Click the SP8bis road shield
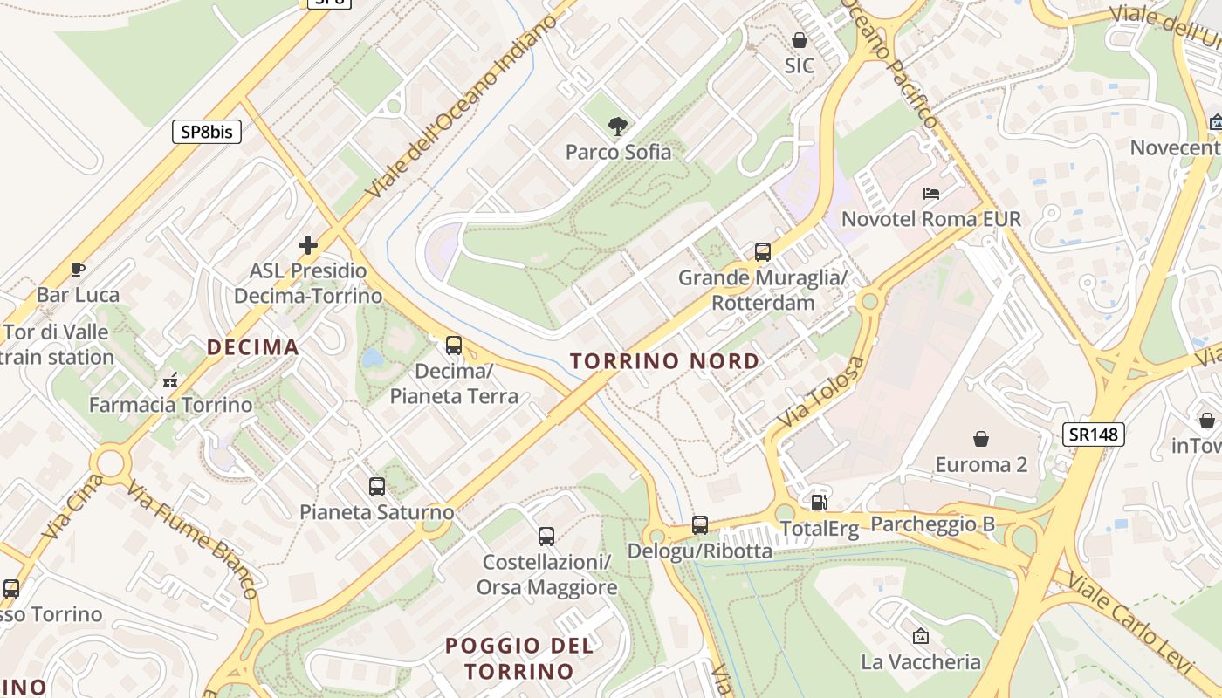pos(206,132)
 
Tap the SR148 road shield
pos(1094,434)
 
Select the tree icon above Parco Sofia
pos(618,127)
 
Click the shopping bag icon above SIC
pos(799,40)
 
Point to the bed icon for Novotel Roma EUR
pos(931,193)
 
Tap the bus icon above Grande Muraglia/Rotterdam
pos(763,252)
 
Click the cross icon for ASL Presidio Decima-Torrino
pos(307,245)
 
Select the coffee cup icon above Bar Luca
pos(78,269)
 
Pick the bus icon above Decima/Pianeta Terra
pos(454,345)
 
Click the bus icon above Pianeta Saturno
pos(377,486)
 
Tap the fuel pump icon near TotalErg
pos(819,502)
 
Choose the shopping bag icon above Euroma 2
pos(981,438)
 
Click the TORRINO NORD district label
pos(664,360)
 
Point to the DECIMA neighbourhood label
pos(253,347)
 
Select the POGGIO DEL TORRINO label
pos(519,659)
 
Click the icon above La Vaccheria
pos(920,636)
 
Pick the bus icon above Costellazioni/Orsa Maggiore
pos(546,536)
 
